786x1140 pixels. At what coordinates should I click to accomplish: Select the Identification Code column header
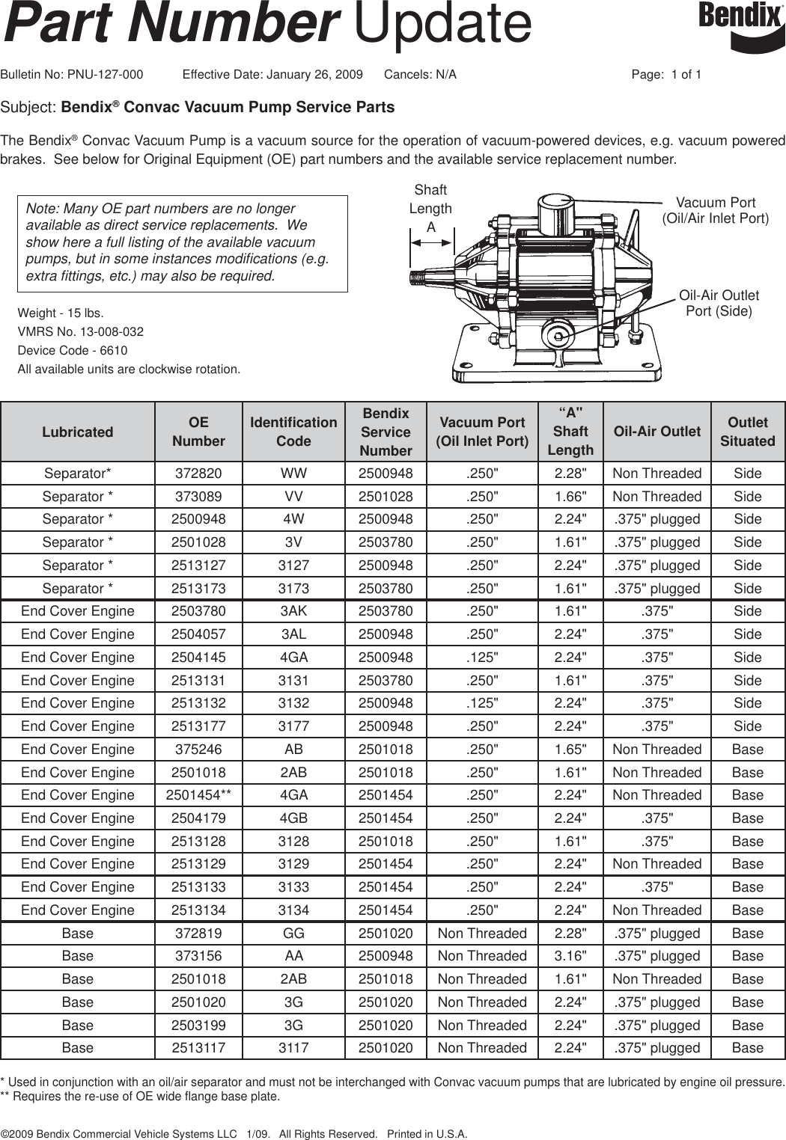tap(293, 432)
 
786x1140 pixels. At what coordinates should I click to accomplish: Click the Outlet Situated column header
tap(747, 432)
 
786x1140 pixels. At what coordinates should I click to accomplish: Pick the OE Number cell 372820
tap(198, 474)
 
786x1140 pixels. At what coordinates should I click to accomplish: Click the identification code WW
tap(293, 474)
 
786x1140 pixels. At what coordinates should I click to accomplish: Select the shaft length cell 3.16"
tap(570, 956)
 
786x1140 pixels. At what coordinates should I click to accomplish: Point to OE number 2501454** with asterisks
tap(198, 795)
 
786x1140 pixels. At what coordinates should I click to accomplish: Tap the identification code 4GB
tap(293, 818)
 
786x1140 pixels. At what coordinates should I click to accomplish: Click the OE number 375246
tap(198, 750)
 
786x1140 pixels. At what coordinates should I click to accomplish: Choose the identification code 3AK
tap(293, 611)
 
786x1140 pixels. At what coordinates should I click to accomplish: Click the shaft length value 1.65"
tap(570, 750)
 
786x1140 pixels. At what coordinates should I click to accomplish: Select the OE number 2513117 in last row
tap(198, 1048)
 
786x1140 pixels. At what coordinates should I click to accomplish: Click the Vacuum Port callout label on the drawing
tap(715, 210)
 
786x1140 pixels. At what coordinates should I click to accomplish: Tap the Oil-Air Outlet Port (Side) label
tap(719, 303)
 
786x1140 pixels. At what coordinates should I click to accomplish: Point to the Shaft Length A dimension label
tap(430, 209)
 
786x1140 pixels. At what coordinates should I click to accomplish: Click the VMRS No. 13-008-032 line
tap(81, 331)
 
